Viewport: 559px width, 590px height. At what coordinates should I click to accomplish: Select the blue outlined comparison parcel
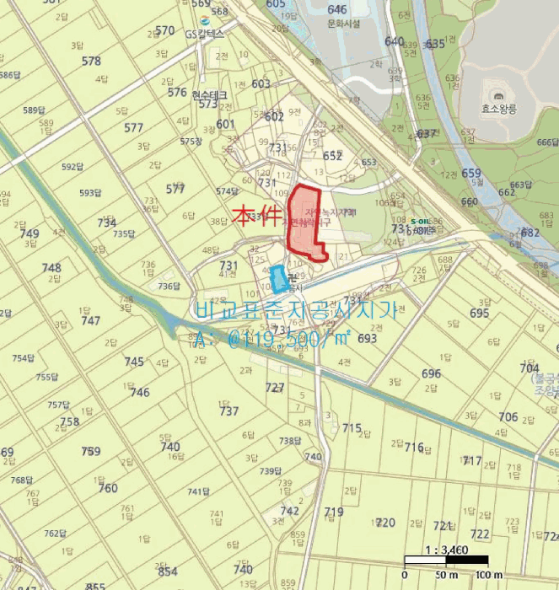[x=277, y=278]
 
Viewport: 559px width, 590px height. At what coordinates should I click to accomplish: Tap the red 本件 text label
[x=255, y=218]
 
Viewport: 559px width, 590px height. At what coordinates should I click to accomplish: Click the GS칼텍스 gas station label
[x=205, y=35]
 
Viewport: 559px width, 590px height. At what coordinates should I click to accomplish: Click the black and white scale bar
[x=446, y=560]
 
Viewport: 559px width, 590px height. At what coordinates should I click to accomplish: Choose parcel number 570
[x=165, y=31]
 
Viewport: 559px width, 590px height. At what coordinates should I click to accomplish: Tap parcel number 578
[x=91, y=61]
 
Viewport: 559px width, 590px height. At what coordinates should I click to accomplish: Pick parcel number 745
[x=134, y=362]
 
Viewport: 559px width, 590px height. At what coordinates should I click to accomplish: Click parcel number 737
[x=228, y=410]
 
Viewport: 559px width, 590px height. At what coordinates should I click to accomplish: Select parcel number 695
[x=479, y=313]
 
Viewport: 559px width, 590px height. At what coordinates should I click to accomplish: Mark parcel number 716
[x=414, y=447]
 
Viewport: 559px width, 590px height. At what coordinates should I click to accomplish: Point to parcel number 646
[x=337, y=9]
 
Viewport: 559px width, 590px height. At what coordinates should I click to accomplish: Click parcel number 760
[x=108, y=488]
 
